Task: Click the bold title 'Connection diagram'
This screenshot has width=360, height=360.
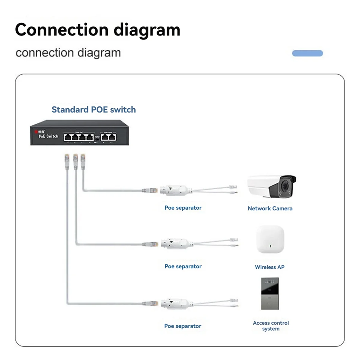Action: (x=97, y=30)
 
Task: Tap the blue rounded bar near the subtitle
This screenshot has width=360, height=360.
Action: (x=307, y=53)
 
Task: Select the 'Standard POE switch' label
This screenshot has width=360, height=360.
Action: (x=94, y=109)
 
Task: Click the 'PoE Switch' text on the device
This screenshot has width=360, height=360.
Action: (x=48, y=136)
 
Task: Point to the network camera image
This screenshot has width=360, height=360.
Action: (x=271, y=187)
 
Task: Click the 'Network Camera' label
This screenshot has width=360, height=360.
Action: (x=270, y=208)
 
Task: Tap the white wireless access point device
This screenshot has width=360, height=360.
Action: (x=270, y=239)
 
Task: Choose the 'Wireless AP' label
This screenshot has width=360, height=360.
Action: (x=270, y=267)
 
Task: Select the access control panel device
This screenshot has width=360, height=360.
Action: (x=270, y=293)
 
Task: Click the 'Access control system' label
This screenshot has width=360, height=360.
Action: (x=271, y=326)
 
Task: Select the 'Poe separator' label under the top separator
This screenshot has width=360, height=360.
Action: (x=183, y=208)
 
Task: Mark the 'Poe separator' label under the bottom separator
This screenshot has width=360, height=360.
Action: (x=183, y=326)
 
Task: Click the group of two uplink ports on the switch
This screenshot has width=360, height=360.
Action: (x=108, y=137)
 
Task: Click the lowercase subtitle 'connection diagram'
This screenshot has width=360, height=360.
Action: (x=68, y=53)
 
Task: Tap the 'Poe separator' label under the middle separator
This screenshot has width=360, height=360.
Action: (x=183, y=266)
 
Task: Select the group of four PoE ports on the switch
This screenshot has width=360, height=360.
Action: (x=79, y=137)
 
